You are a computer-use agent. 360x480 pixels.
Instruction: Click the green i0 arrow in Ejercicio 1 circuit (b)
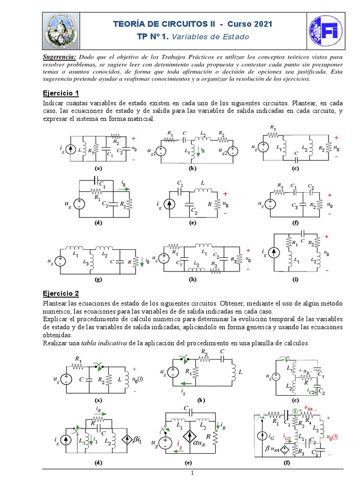point(198,151)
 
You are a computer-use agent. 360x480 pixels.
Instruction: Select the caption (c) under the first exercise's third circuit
point(295,168)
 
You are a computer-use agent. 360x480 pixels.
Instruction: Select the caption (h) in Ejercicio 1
point(192,280)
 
